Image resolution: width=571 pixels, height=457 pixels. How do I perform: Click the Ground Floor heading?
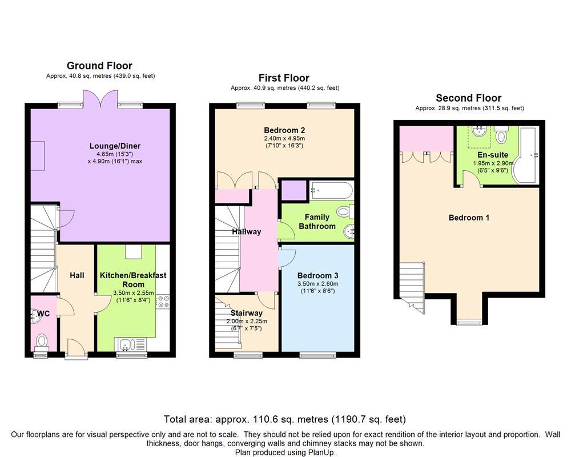click(x=99, y=66)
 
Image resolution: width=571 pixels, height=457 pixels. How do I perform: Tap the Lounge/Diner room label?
click(x=115, y=146)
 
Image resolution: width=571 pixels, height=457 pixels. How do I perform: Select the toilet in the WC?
click(x=42, y=341)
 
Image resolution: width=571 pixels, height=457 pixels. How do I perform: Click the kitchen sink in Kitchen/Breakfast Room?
click(x=126, y=344)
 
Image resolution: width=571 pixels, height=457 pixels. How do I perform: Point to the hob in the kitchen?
click(x=162, y=301)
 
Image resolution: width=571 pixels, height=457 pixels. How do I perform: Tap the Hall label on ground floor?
click(x=77, y=275)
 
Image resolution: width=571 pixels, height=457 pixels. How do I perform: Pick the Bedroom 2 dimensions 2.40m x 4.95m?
click(x=285, y=138)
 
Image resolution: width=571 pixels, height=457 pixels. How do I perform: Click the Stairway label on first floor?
click(x=247, y=312)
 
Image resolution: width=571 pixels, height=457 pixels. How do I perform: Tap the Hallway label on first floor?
click(x=247, y=231)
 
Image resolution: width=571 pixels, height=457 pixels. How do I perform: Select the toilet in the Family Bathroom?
click(x=344, y=211)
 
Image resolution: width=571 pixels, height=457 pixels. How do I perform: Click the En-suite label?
click(x=493, y=154)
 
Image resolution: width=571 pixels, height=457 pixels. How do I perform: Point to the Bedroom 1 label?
click(x=469, y=218)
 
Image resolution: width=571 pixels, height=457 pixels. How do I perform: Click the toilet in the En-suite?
click(x=501, y=135)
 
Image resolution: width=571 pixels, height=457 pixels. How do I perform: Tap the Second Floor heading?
click(x=468, y=98)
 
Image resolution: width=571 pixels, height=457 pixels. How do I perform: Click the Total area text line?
click(x=285, y=418)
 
